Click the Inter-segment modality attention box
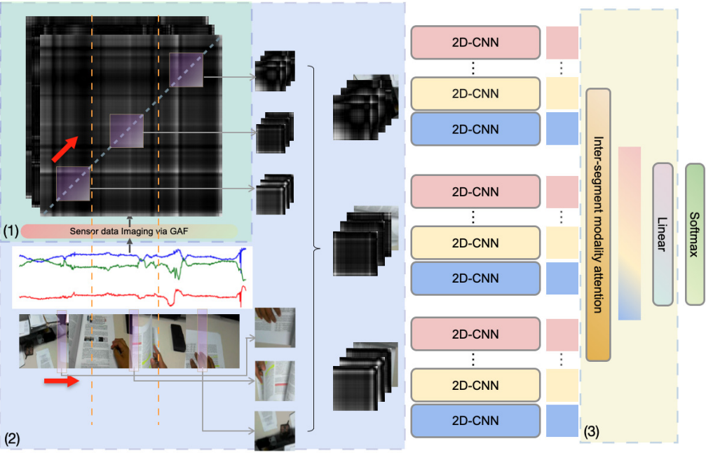(598, 224)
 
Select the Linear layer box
(663, 234)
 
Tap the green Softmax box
(695, 234)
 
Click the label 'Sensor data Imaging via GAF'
(129, 231)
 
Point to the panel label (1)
(11, 231)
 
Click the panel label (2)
(12, 438)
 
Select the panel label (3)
(592, 432)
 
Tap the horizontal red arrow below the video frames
(61, 381)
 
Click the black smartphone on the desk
(178, 338)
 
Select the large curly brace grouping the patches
(314, 248)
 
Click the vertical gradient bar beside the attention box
(630, 234)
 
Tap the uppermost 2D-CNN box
(475, 42)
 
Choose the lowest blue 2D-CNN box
(475, 421)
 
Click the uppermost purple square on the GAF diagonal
(186, 70)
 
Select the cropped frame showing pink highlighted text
(275, 381)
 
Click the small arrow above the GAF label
(130, 221)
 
